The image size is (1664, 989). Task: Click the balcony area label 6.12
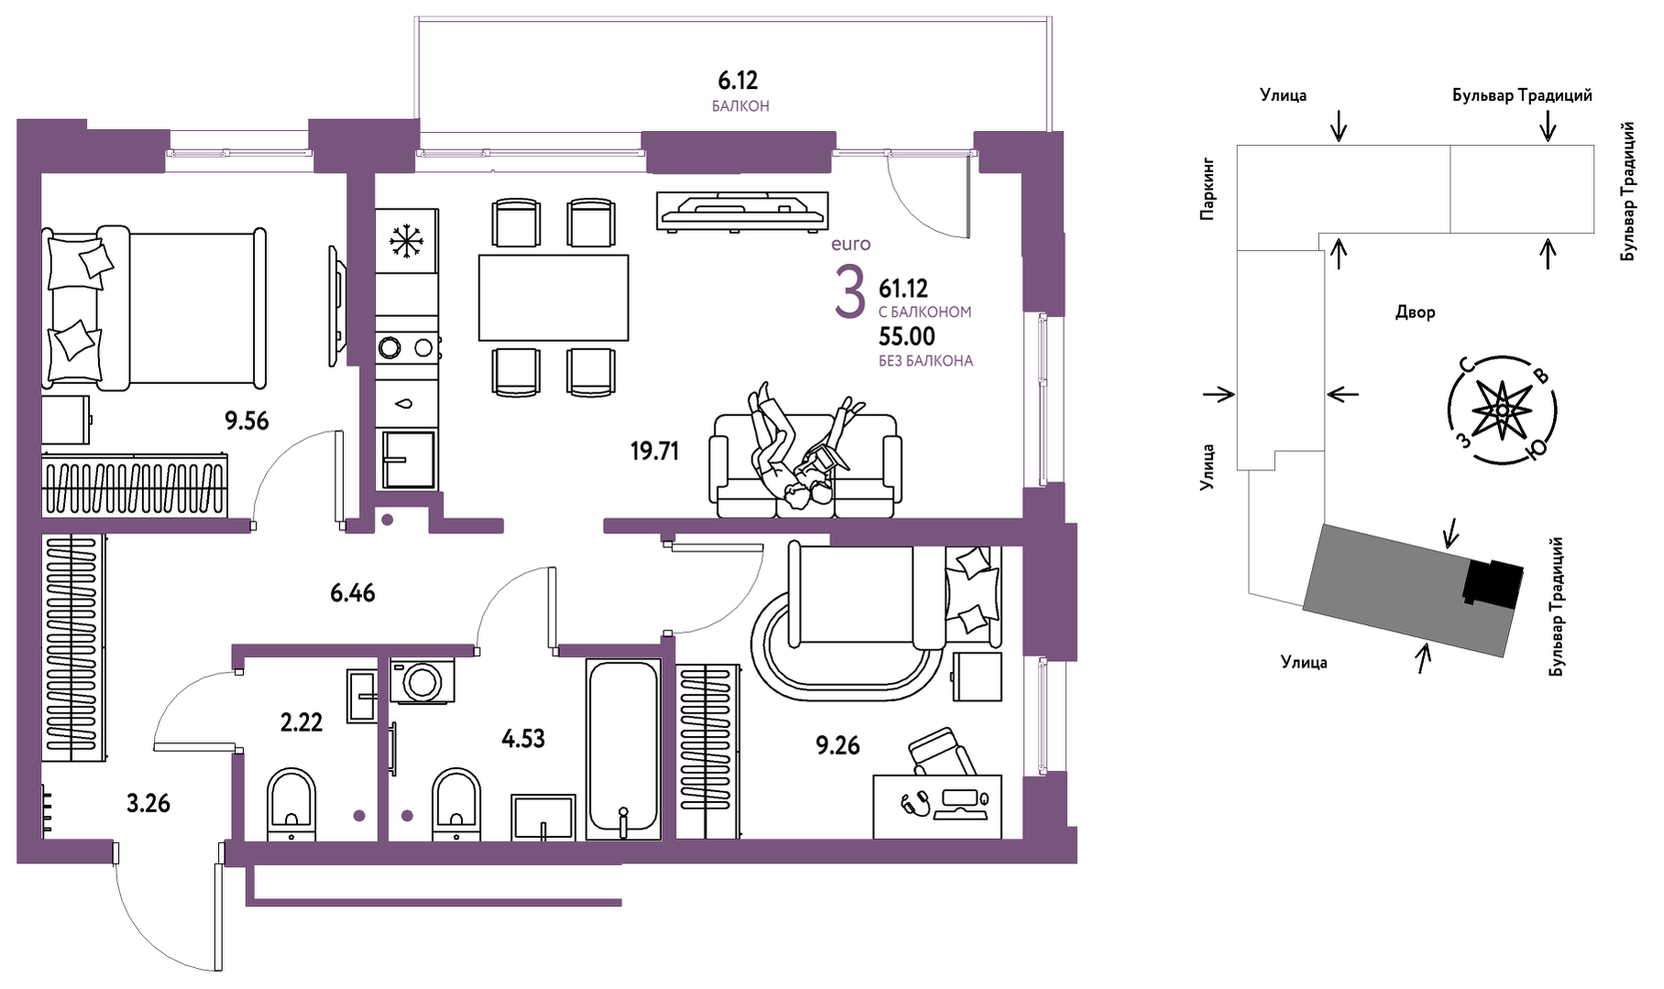tap(738, 81)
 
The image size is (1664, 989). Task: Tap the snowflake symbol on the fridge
tap(404, 240)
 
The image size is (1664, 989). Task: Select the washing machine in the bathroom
tap(423, 681)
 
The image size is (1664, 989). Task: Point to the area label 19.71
tap(655, 450)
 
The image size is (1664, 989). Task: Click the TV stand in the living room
tap(743, 210)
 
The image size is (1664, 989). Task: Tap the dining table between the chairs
tap(553, 298)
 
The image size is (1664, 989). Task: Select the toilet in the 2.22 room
tap(292, 804)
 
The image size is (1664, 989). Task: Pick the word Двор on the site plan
tap(1415, 313)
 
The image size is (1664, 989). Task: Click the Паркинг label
tap(1207, 188)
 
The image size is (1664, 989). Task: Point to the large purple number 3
tap(850, 292)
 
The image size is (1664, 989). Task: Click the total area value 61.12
tap(903, 289)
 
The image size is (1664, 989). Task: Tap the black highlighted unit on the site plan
tap(1493, 582)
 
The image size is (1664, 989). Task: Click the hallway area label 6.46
tap(353, 593)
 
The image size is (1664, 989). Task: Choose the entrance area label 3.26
tap(149, 803)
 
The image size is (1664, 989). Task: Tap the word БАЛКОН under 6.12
tap(741, 106)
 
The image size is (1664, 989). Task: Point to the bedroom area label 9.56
tap(247, 421)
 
